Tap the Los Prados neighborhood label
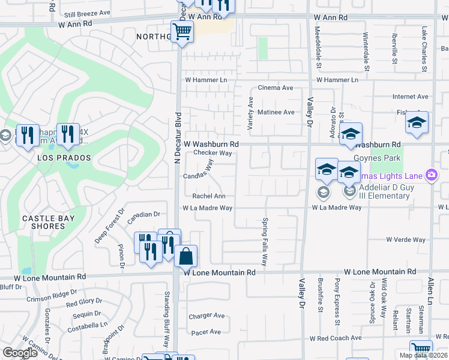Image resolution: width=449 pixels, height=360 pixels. [x=64, y=158]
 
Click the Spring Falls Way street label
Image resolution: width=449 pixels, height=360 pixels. [x=264, y=241]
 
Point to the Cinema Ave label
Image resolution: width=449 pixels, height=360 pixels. [x=276, y=88]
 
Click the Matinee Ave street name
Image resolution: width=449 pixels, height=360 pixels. [x=276, y=112]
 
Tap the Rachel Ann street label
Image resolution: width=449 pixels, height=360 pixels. [x=208, y=196]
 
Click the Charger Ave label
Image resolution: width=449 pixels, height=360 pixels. [x=206, y=316]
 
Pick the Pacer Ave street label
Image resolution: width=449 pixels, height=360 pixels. [x=206, y=332]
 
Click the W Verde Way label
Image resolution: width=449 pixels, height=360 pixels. [x=406, y=239]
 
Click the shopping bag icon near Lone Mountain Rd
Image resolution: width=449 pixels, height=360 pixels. [x=186, y=256]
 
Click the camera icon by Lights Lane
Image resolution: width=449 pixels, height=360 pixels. [x=430, y=175]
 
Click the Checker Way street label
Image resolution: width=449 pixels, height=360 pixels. [x=212, y=153]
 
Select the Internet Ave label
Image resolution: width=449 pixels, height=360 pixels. [x=410, y=96]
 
